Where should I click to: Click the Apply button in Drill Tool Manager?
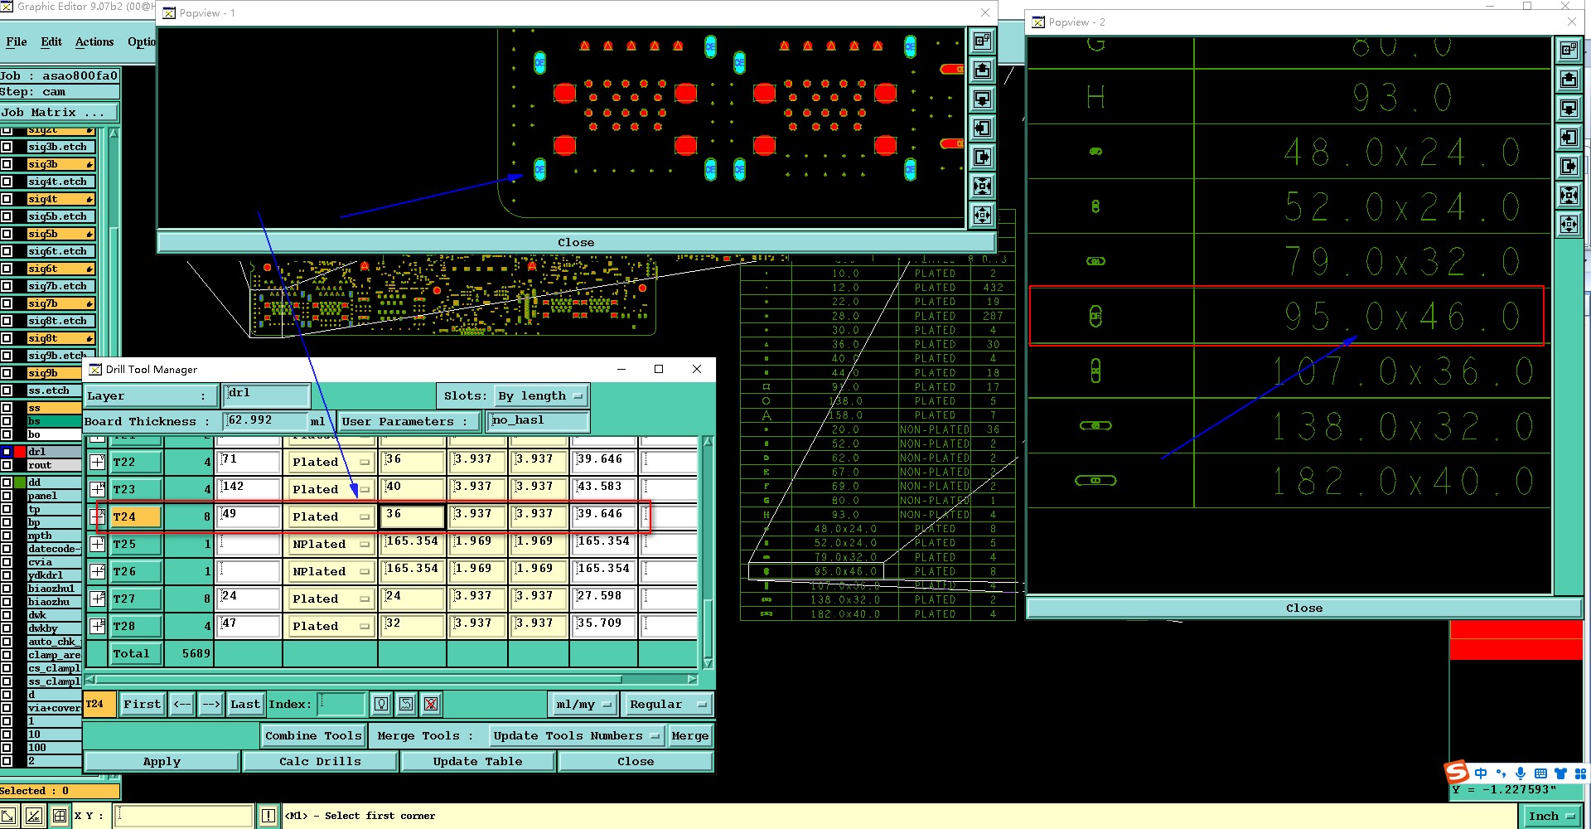point(162,761)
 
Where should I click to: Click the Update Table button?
point(477,761)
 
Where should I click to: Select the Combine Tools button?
point(312,735)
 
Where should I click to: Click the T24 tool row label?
point(136,516)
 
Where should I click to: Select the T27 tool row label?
point(136,599)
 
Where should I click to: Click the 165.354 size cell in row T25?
point(412,543)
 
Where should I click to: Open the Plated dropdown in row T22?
point(331,462)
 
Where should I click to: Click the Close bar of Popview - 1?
point(576,242)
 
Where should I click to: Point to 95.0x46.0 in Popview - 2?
point(1401,316)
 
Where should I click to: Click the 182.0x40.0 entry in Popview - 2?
point(1401,481)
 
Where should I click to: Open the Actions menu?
point(94,41)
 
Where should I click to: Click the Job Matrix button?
point(58,112)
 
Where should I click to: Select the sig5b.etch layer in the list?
point(57,216)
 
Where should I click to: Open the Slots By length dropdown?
point(541,396)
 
